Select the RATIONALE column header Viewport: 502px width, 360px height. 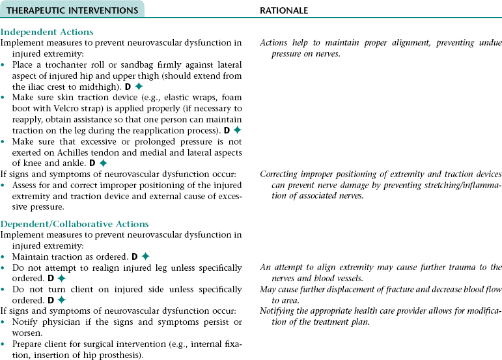tap(284, 10)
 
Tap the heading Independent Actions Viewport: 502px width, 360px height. tap(47, 32)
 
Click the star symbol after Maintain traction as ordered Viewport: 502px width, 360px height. tap(145, 256)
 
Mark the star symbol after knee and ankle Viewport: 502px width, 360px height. tap(103, 163)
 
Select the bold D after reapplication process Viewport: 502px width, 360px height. tap(227, 130)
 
